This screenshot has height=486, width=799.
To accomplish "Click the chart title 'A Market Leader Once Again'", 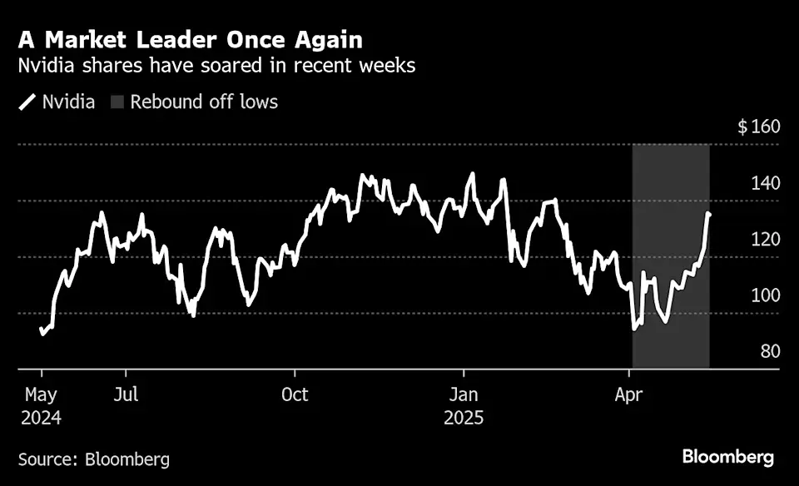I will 190,39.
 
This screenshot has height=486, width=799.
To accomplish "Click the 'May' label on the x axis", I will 39,394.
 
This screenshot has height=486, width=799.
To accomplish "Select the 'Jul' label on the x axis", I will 126,394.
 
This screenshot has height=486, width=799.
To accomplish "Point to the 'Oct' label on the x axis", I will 295,394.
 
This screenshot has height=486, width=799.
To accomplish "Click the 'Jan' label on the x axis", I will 463,394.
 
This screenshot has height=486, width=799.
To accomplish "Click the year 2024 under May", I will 40,415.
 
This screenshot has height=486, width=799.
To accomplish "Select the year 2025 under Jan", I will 464,415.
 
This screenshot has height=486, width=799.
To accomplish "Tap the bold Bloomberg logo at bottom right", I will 728,457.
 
